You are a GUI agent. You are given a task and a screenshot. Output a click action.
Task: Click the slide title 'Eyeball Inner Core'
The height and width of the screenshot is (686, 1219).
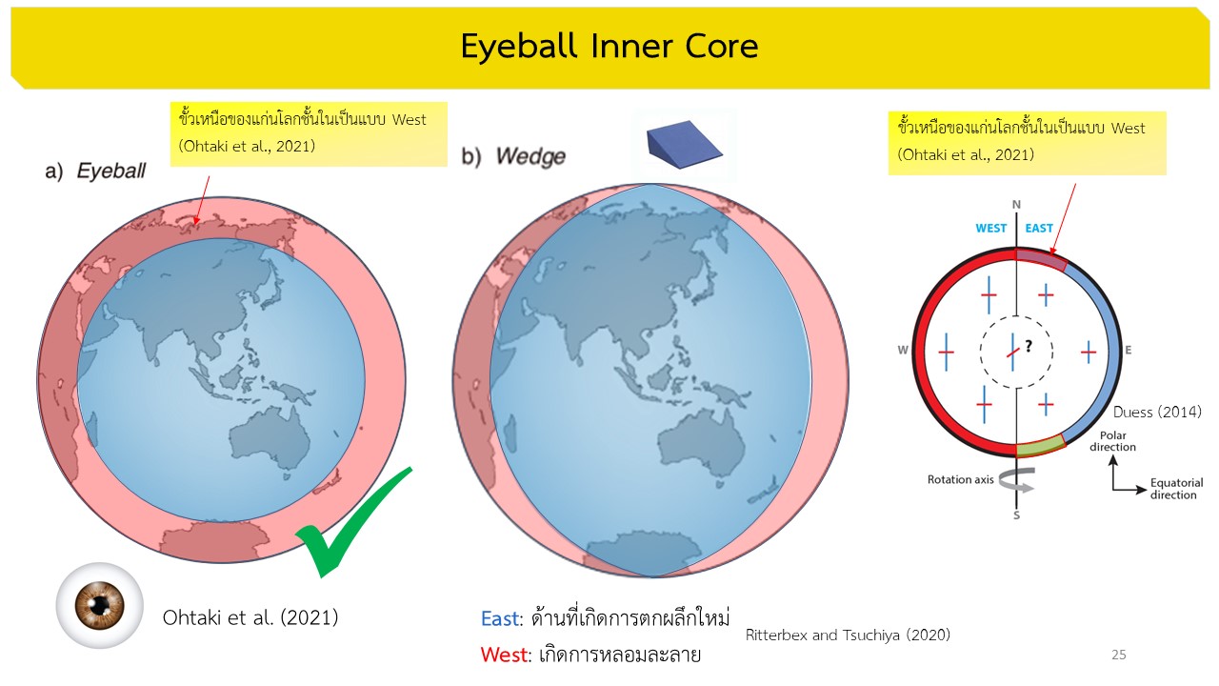pyautogui.click(x=609, y=46)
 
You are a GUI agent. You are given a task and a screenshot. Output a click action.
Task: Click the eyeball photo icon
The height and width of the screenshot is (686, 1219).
pyautogui.click(x=100, y=605)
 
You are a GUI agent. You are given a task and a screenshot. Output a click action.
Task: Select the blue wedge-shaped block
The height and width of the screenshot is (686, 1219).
pyautogui.click(x=684, y=145)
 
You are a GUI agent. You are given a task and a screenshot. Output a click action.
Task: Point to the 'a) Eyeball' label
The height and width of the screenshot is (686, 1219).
pyautogui.click(x=95, y=171)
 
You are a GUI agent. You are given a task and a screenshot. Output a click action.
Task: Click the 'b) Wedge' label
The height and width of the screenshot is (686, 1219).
pyautogui.click(x=513, y=156)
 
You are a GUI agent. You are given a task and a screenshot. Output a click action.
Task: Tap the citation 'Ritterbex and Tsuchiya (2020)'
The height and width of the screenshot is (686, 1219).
pyautogui.click(x=848, y=635)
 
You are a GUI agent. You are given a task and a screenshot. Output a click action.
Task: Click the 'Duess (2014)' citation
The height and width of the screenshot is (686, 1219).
pyautogui.click(x=1157, y=413)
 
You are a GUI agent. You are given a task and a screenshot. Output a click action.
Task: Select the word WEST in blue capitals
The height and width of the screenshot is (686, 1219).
pyautogui.click(x=991, y=228)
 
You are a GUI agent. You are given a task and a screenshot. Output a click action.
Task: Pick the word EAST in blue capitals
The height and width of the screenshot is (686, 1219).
pyautogui.click(x=1039, y=228)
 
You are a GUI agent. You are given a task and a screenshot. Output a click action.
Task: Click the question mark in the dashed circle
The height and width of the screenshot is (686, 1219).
pyautogui.click(x=1029, y=346)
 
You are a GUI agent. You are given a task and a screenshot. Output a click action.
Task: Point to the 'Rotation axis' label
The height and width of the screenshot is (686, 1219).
pyautogui.click(x=961, y=479)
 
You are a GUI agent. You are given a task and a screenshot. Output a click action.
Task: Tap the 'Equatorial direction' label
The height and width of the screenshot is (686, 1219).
pyautogui.click(x=1176, y=489)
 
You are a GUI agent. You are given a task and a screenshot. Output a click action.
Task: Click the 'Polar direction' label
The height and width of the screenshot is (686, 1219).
pyautogui.click(x=1113, y=441)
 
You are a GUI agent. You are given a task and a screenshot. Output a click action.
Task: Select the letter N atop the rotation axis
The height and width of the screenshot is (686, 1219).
pyautogui.click(x=1016, y=205)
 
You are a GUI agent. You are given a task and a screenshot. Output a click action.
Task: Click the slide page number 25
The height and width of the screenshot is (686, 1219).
pyautogui.click(x=1119, y=655)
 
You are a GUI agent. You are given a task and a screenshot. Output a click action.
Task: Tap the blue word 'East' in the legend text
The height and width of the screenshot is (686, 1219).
pyautogui.click(x=500, y=619)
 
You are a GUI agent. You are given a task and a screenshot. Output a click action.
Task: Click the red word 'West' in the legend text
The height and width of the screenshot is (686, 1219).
pyautogui.click(x=504, y=655)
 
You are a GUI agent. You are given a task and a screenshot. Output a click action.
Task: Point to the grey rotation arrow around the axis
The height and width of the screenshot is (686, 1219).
pyautogui.click(x=1016, y=480)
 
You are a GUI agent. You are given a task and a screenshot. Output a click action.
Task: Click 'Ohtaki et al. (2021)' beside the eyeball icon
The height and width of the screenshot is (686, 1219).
pyautogui.click(x=250, y=618)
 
